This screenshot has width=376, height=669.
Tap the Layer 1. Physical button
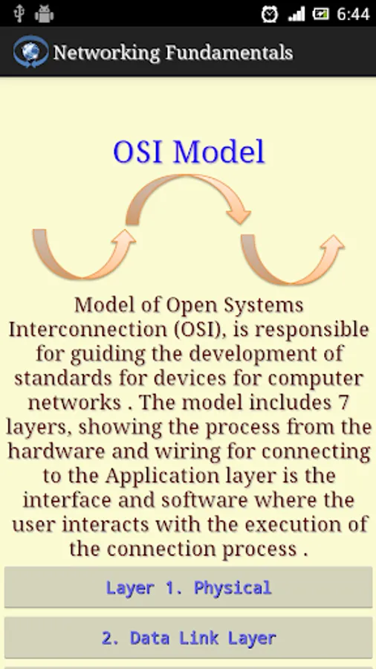click(188, 587)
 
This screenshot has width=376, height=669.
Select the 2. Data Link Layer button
click(188, 638)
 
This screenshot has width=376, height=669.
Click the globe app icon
click(30, 51)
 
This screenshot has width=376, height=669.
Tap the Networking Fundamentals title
click(173, 53)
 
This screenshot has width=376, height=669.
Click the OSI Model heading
click(189, 152)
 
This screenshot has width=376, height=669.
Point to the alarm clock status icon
click(270, 14)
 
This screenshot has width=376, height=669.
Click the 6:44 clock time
click(353, 14)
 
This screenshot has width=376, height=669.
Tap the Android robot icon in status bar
click(45, 14)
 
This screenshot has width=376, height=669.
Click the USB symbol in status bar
click(19, 13)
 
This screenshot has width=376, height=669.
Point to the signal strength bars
click(296, 14)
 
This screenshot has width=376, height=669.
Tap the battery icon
click(320, 14)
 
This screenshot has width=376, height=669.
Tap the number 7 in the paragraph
click(343, 402)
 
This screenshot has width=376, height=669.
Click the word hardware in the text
click(56, 451)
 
